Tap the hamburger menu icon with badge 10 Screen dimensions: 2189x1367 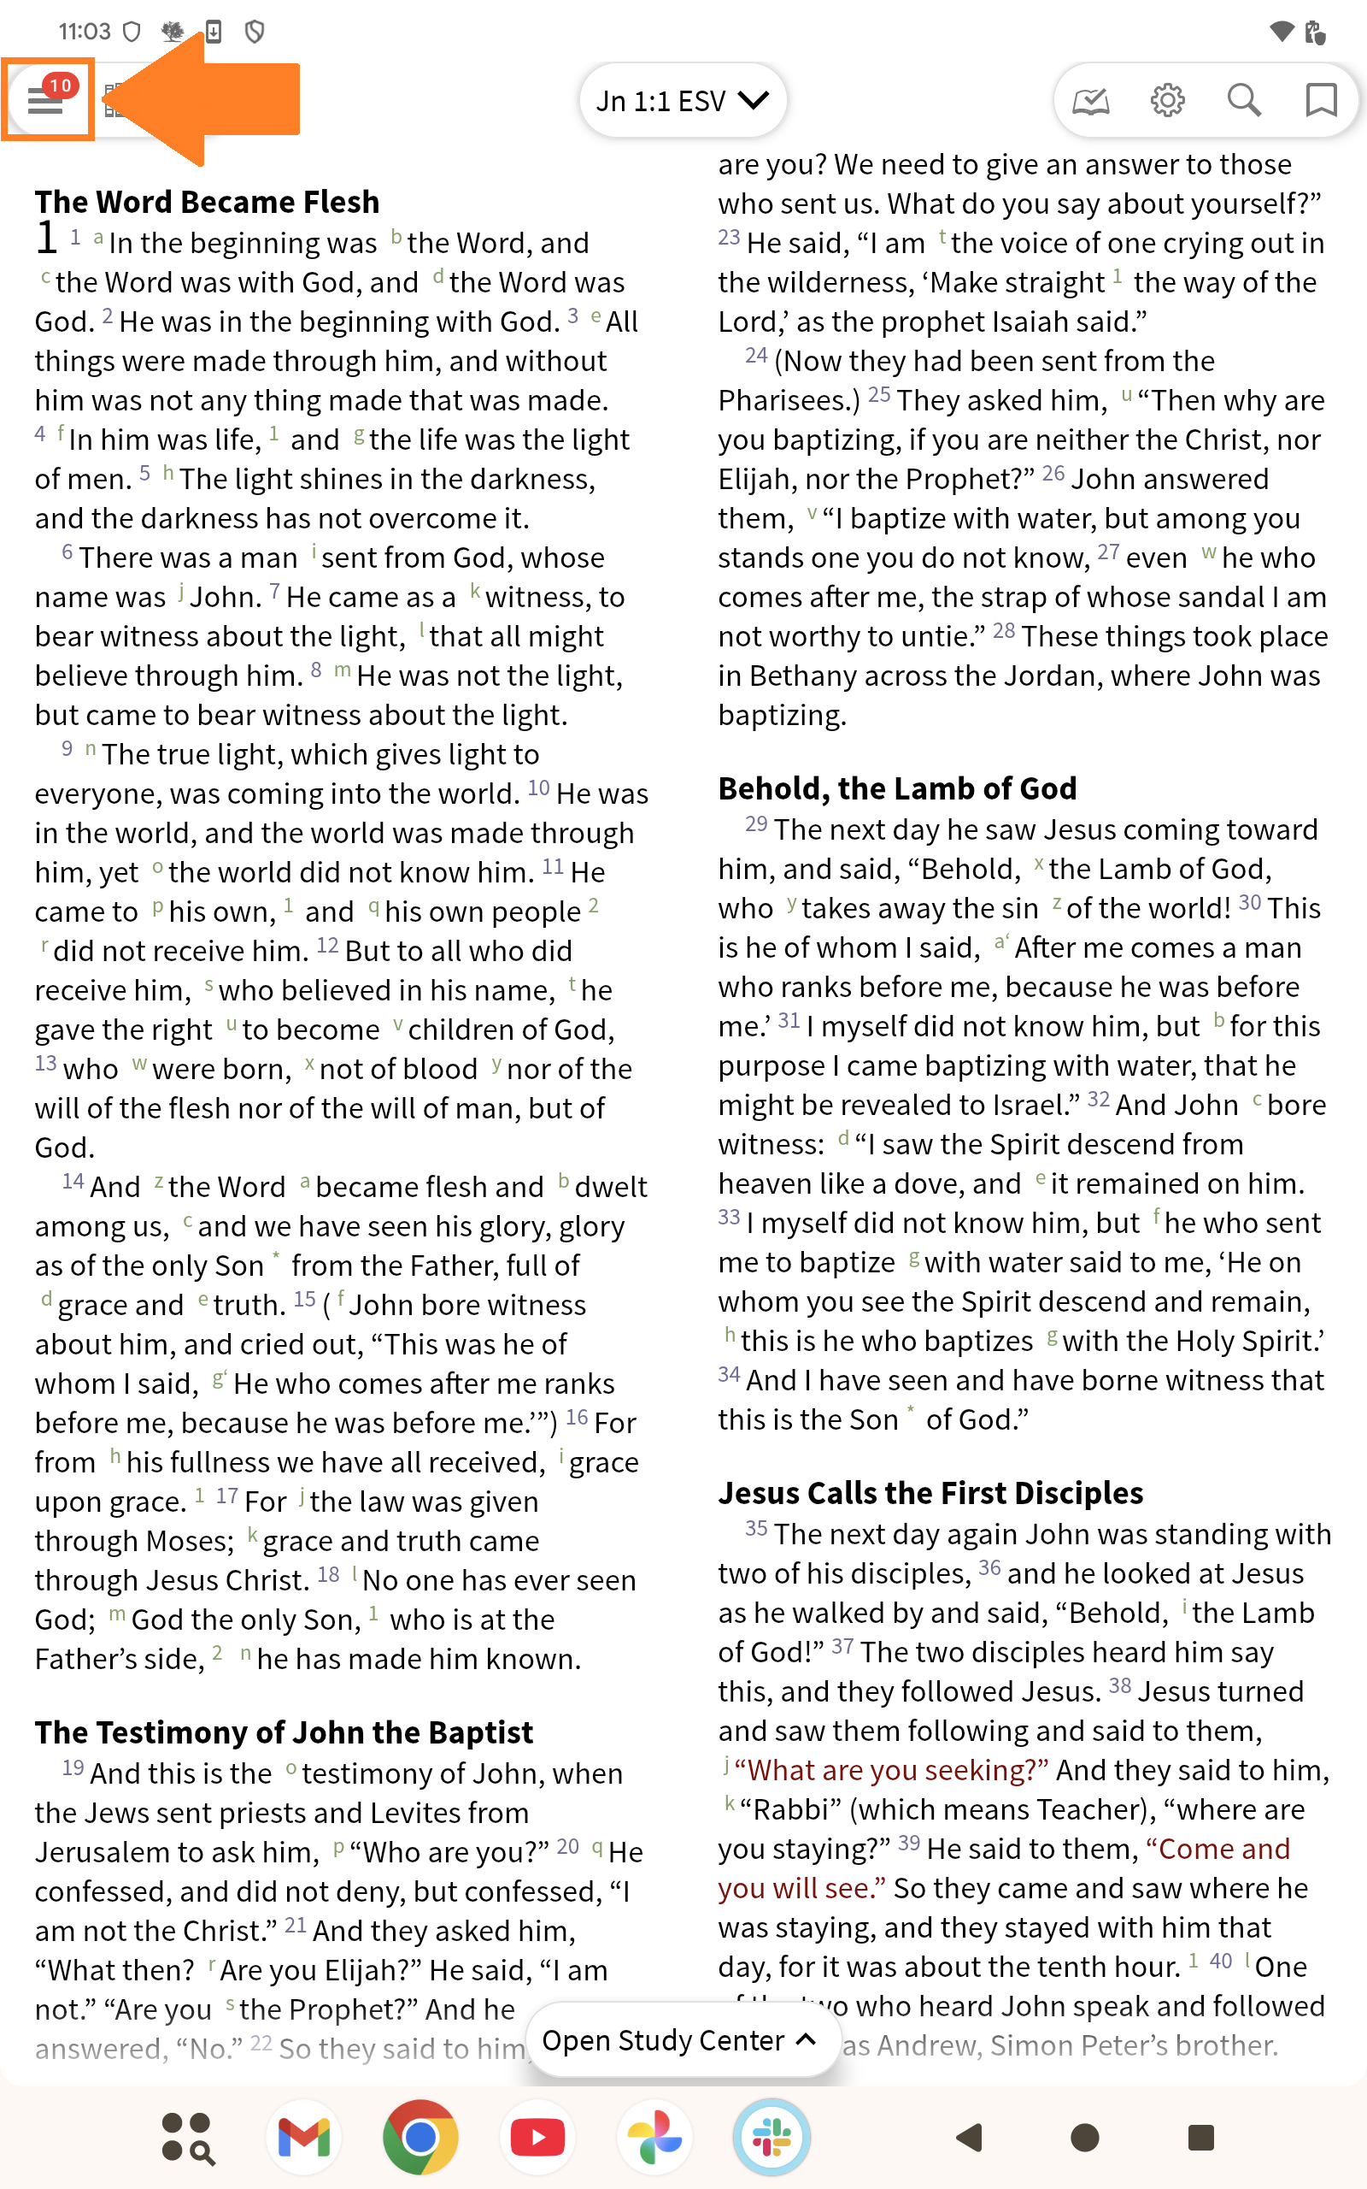(x=46, y=98)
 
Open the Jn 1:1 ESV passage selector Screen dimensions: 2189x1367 (x=683, y=100)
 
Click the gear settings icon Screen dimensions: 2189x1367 (x=1167, y=100)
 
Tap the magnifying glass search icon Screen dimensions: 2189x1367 (x=1244, y=100)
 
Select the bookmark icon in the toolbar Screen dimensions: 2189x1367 (x=1321, y=100)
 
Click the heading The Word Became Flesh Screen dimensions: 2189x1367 (x=207, y=202)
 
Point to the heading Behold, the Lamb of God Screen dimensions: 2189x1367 (x=897, y=788)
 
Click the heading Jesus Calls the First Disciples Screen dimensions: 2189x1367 (x=930, y=1492)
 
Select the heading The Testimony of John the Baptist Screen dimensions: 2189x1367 (x=284, y=1732)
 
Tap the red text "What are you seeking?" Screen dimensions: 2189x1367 (x=890, y=1769)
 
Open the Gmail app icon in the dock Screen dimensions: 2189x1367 (x=304, y=2138)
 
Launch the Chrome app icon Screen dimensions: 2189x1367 (x=420, y=2138)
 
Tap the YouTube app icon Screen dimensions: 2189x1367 (x=537, y=2138)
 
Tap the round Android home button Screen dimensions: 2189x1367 (x=1084, y=2138)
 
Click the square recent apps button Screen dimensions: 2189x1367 (x=1200, y=2138)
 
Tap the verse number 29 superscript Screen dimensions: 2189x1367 (x=756, y=824)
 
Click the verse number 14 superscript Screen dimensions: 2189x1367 (x=73, y=1182)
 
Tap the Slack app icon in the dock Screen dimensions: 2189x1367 (x=772, y=2138)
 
